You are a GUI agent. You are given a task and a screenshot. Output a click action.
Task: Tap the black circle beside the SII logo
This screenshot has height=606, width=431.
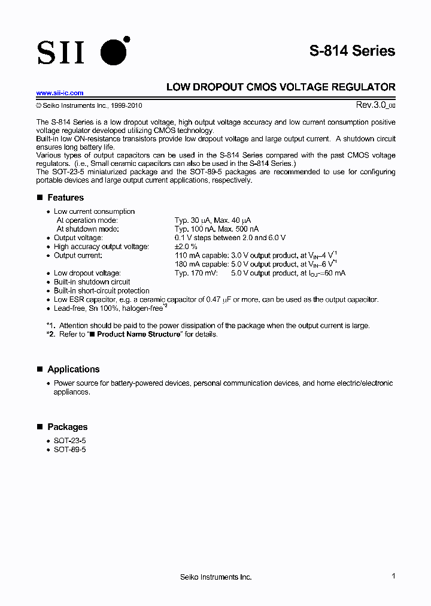[x=114, y=52]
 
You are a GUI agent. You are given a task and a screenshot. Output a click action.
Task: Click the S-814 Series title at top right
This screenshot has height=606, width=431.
[x=352, y=51]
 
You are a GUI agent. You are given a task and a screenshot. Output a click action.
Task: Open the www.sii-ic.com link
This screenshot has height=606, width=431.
[x=60, y=93]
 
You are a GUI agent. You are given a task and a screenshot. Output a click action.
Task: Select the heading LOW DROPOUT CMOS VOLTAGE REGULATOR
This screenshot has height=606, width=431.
[x=280, y=87]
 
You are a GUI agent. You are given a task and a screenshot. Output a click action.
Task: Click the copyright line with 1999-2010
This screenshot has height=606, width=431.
[x=89, y=105]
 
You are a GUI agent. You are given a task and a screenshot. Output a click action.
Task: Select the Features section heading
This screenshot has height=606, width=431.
[x=65, y=198]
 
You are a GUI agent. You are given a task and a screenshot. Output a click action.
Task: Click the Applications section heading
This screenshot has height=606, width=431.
[x=73, y=369]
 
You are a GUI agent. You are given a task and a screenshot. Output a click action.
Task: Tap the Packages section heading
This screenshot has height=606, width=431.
[x=67, y=427]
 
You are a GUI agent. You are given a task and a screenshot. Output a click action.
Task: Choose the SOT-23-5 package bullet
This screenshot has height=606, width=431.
[x=69, y=440]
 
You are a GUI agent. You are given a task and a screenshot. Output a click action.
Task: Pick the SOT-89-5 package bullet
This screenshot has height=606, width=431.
[x=69, y=449]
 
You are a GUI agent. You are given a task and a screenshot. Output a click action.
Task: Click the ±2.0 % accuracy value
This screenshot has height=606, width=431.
[x=186, y=247]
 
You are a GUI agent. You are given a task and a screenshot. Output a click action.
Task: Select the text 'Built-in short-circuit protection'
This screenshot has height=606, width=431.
[x=102, y=291]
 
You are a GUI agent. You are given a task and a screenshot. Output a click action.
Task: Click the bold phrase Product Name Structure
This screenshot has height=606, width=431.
[x=138, y=334]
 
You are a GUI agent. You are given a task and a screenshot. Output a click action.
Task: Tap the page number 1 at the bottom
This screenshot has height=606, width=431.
[x=393, y=576]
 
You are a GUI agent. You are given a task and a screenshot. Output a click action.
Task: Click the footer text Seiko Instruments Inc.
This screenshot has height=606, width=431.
[x=215, y=577]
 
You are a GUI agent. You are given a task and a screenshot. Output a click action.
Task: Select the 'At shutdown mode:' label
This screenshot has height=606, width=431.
[x=87, y=229]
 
